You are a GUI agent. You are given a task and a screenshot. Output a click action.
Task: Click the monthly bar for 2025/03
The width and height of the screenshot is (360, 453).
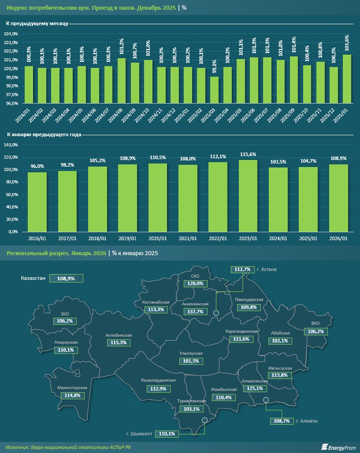pyautogui.click(x=214, y=90)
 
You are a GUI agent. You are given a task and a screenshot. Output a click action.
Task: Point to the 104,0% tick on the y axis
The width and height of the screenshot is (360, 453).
pyautogui.click(x=11, y=34)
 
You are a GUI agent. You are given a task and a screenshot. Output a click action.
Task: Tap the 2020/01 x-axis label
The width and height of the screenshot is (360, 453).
pyautogui.click(x=157, y=238)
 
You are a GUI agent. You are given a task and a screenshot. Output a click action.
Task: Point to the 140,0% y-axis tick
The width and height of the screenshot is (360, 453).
pyautogui.click(x=11, y=145)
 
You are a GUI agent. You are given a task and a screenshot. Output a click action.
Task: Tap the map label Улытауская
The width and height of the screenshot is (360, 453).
pyautogui.click(x=191, y=353)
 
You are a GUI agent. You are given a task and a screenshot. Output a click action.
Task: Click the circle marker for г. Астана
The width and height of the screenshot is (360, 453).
pyautogui.click(x=216, y=313)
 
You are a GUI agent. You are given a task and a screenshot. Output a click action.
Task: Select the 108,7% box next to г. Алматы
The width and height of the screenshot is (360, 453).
pyautogui.click(x=281, y=421)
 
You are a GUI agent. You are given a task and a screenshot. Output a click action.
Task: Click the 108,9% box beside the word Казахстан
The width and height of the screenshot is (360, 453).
pyautogui.click(x=66, y=278)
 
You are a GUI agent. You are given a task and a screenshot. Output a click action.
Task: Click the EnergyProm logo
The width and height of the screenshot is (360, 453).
pyautogui.click(x=338, y=447)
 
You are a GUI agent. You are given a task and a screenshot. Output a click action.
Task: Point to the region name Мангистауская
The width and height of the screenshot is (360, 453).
pyautogui.click(x=72, y=388)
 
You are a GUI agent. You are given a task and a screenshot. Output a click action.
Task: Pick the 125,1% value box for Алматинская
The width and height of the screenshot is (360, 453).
pyautogui.click(x=255, y=388)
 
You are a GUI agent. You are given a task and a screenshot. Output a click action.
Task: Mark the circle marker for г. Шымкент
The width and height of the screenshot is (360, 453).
pyautogui.click(x=204, y=420)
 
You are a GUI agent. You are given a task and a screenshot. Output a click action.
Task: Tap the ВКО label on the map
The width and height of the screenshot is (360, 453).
pyautogui.click(x=316, y=323)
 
